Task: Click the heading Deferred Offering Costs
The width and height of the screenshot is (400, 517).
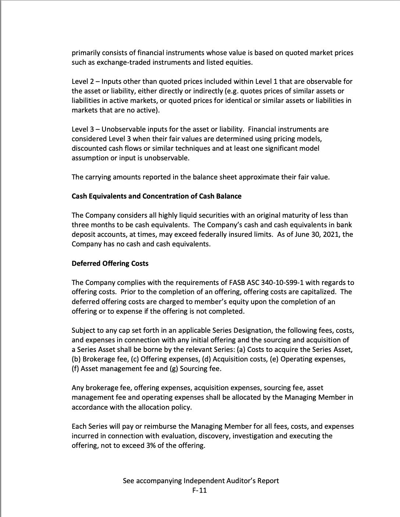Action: [110, 264]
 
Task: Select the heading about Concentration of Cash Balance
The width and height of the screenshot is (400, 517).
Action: [156, 196]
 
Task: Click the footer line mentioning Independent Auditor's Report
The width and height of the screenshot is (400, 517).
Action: [201, 481]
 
